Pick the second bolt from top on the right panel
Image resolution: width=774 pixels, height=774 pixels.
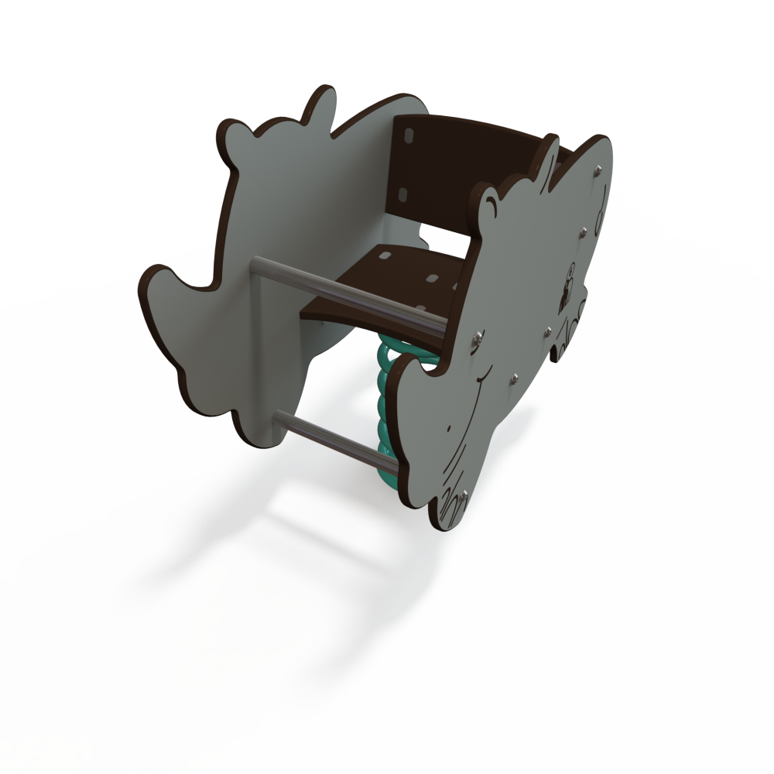point(584,230)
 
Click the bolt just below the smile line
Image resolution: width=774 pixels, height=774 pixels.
point(513,378)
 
